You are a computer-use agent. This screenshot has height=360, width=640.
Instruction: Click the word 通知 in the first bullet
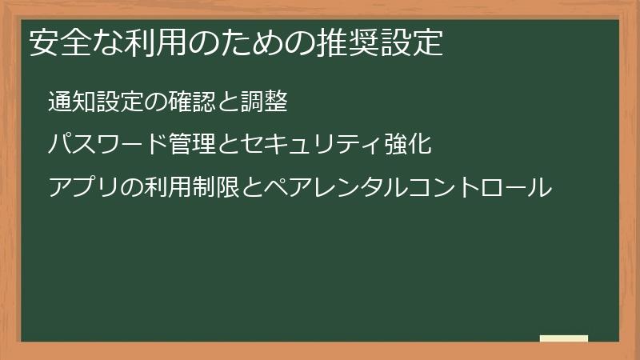coord(70,102)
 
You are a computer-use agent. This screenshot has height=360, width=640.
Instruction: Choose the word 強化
coord(409,145)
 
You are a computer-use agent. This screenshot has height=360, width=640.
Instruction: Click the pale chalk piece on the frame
coord(564,338)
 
